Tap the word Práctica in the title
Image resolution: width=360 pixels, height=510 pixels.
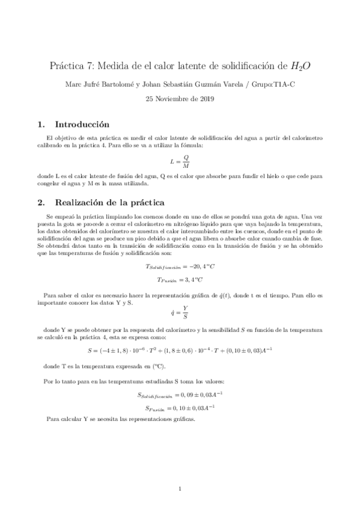pos(64,66)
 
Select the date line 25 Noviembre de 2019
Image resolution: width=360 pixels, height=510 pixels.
pos(180,99)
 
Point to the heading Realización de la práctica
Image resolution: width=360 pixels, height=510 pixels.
pos(110,203)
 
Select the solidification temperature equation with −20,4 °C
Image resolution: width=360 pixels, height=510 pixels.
pos(180,266)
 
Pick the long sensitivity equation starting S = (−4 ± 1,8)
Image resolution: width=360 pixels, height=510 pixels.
pos(180,350)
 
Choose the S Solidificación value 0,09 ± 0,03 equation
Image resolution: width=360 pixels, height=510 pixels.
pos(180,395)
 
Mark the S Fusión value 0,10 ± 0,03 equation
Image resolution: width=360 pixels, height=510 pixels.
pos(180,408)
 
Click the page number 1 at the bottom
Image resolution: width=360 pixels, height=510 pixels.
pos(180,488)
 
